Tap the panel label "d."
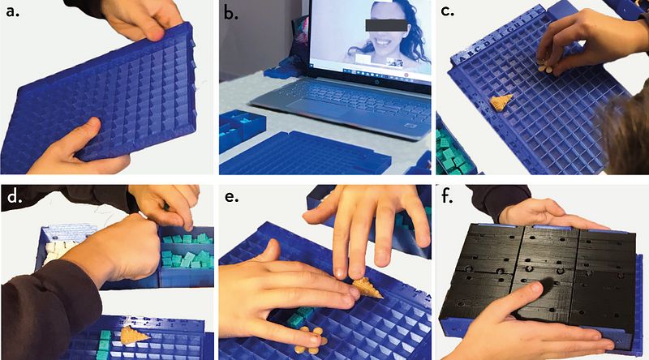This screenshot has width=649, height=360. tap(15, 196)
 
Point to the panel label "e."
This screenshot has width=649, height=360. tap(232, 196)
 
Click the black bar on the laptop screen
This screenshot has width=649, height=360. tap(386, 25)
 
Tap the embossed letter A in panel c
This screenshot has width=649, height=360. tap(459, 58)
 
